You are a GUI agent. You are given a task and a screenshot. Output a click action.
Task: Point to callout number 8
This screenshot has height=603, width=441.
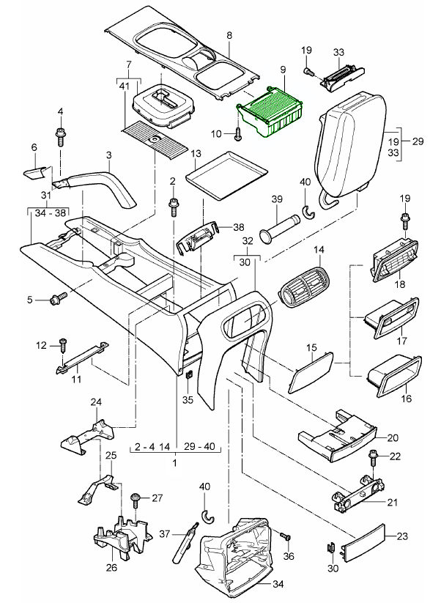[229, 35]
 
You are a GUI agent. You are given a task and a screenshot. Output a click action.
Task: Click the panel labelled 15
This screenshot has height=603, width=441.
[310, 370]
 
